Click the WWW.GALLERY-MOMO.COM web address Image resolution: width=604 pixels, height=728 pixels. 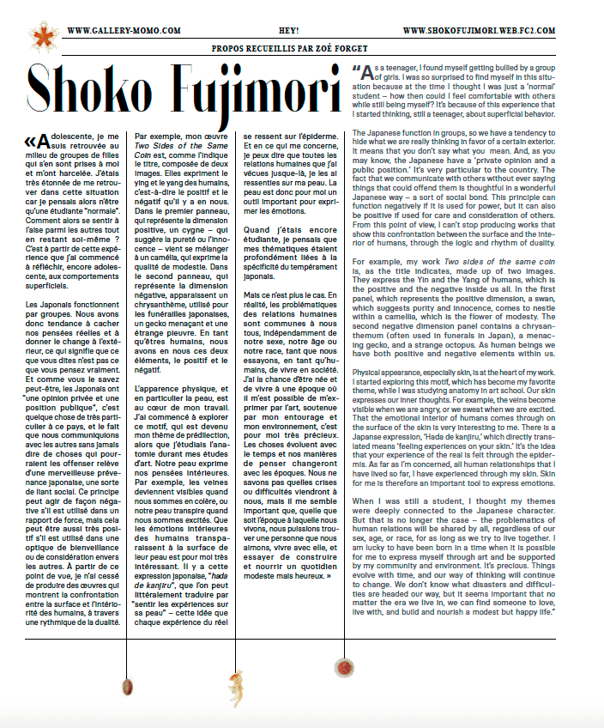123,30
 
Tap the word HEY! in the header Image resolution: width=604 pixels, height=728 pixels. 300,30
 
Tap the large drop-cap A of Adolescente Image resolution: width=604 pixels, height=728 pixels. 44,138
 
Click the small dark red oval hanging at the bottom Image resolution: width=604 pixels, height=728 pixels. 128,685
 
